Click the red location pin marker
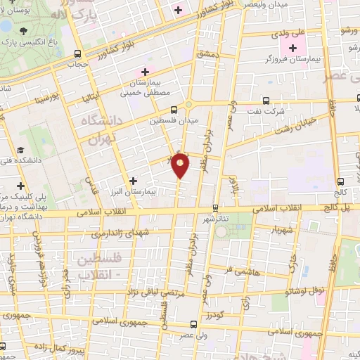[181, 166]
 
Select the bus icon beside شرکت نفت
[266, 100]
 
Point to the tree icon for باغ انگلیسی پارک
[25, 31]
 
